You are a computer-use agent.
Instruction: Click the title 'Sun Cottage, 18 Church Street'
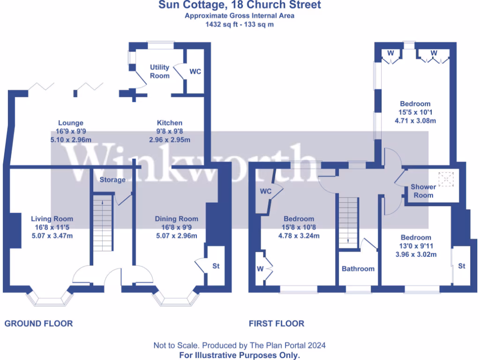(240, 5)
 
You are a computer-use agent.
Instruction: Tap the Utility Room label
(159, 71)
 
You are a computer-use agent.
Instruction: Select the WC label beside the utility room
(195, 72)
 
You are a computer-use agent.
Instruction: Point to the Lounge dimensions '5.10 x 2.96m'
(70, 140)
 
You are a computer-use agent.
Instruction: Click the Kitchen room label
(169, 123)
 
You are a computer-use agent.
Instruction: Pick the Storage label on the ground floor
(112, 180)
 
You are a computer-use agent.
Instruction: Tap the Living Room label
(52, 219)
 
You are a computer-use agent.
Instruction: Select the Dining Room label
(176, 219)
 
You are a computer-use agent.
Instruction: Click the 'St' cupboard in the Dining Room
(216, 266)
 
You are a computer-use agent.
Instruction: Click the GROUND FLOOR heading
(38, 323)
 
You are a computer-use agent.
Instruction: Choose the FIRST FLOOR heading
(276, 323)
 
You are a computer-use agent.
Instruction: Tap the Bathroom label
(358, 269)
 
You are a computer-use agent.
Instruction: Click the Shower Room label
(423, 191)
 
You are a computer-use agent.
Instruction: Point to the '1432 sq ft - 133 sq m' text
(240, 24)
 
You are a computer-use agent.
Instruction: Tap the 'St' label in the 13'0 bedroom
(462, 266)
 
